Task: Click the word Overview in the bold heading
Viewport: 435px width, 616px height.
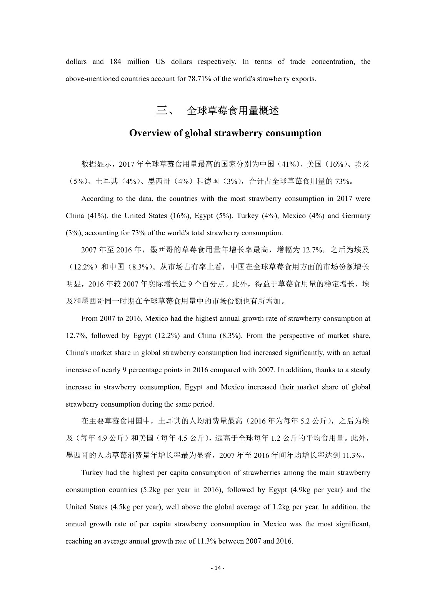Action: [150, 133]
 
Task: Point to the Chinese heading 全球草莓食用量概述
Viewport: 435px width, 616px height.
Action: [233, 111]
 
